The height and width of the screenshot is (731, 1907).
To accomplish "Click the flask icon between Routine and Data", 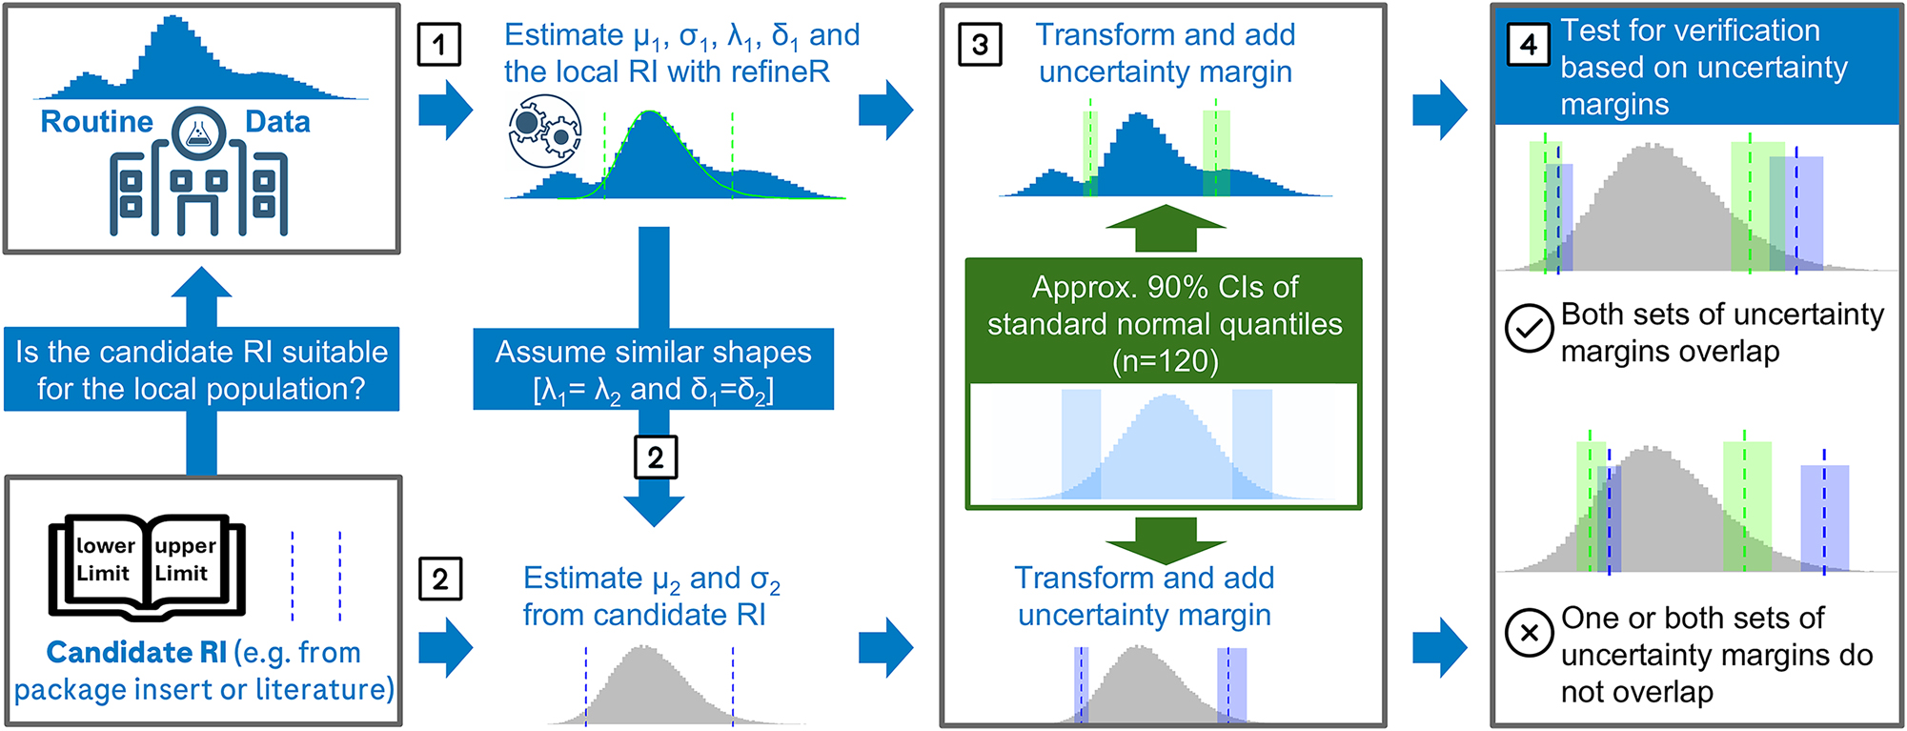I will click(198, 132).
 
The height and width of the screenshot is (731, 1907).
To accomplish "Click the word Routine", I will click(96, 122).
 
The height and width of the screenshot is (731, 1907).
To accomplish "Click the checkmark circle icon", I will click(1529, 329).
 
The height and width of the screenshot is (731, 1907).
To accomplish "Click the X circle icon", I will click(1529, 633).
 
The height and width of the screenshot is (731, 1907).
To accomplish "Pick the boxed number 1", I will click(438, 45).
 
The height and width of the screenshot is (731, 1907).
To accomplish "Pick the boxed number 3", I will click(980, 45).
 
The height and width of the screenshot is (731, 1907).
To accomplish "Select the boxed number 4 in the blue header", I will click(1528, 45).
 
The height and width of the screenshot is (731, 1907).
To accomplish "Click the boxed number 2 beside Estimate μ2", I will click(440, 579).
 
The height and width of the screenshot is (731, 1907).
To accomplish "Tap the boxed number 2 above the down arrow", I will click(656, 457).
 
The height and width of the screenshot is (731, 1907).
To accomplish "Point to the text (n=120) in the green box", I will click(1165, 361).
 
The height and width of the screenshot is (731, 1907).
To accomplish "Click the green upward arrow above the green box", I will click(1165, 229).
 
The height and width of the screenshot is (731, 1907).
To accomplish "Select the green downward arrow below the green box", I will click(1165, 539).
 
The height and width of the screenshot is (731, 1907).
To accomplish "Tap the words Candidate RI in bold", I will click(136, 653).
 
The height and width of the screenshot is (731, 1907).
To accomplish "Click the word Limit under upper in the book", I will click(181, 574).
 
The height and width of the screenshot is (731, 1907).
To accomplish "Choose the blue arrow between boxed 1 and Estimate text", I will click(446, 110).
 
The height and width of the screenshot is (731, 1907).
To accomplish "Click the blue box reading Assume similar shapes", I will click(653, 370).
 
